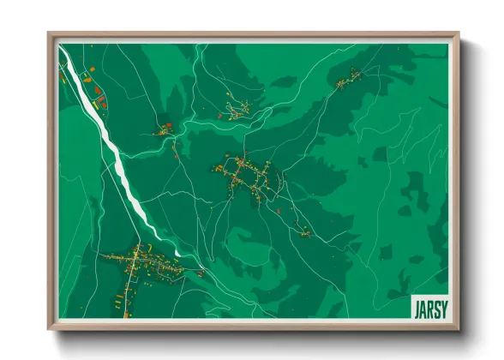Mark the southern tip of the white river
point(177,253)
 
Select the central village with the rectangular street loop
point(246,176)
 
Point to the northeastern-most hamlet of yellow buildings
point(348,81)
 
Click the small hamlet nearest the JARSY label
point(303,230)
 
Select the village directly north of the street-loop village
point(238,109)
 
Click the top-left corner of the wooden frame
point(50,35)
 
